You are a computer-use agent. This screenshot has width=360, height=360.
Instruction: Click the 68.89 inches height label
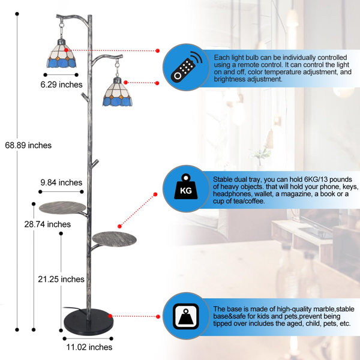pos(28,145)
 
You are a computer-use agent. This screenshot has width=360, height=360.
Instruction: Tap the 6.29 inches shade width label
pos(61,85)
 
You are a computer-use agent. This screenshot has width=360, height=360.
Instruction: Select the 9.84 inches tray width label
pos(61,182)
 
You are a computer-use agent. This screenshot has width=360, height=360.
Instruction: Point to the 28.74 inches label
pos(47,224)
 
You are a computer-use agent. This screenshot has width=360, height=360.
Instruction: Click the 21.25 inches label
pos(61,279)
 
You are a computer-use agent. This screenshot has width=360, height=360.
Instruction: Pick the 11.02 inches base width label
pos(89,347)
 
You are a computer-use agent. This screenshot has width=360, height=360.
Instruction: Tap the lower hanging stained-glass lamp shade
pos(118,92)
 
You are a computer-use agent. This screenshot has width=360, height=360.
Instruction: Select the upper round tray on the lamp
pos(62,208)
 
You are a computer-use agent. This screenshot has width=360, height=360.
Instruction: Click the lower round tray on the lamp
pos(114,239)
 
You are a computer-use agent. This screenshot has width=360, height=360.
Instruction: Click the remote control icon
pos(187,67)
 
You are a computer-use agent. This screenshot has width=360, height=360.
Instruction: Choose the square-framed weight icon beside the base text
pos(186,316)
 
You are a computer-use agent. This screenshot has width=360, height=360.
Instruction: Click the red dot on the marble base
pos(110,316)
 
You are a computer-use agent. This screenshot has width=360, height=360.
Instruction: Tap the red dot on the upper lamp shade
pos(66,50)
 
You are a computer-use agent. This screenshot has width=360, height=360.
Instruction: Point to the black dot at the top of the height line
pos(17,14)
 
